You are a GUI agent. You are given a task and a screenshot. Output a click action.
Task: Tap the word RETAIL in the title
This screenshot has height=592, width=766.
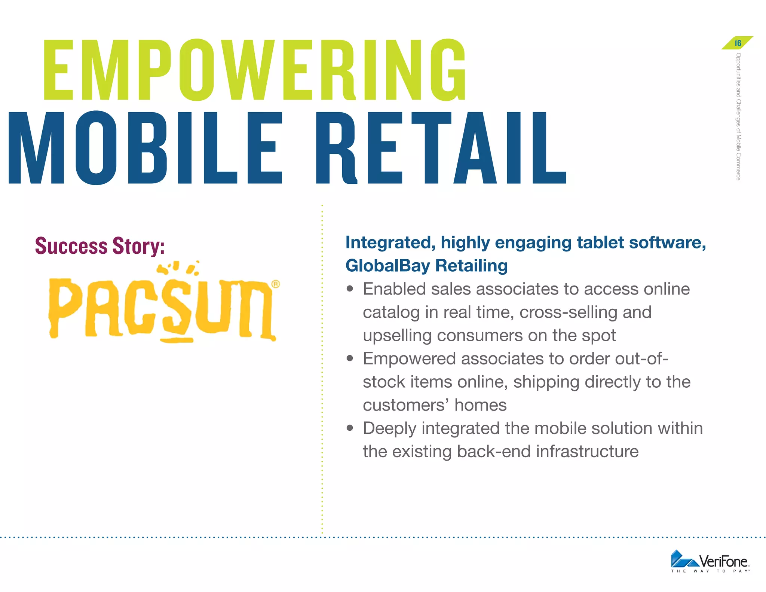coord(441,148)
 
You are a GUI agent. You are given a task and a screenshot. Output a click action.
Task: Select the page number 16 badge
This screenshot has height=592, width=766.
coord(738,43)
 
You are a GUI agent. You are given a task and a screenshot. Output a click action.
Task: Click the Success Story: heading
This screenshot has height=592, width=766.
coord(100,246)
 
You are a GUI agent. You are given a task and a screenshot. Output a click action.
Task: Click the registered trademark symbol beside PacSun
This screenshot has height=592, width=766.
coord(276,284)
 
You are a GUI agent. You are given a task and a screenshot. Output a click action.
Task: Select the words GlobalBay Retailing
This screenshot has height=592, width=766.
coord(426,266)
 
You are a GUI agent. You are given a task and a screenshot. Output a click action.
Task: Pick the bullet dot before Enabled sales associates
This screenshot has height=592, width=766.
coord(350,289)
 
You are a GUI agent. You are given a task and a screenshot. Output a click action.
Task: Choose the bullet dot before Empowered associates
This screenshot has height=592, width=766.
coord(350,358)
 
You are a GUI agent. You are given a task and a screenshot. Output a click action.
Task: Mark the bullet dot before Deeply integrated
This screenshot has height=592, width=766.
coord(350,428)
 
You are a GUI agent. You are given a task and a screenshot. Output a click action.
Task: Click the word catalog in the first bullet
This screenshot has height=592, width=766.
coord(391,312)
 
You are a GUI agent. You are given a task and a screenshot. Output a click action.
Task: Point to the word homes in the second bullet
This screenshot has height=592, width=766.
coord(481,405)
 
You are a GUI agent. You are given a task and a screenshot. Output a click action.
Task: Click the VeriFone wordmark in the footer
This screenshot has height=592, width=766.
coord(723,561)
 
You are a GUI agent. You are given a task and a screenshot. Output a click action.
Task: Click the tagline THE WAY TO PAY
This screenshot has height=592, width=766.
coord(710,571)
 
